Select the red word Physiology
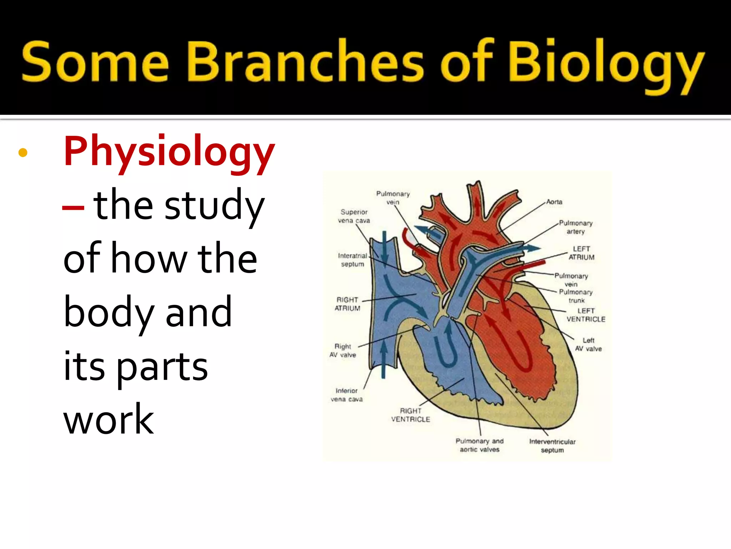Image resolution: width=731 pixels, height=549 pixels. [169, 152]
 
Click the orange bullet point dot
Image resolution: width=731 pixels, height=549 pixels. [23, 153]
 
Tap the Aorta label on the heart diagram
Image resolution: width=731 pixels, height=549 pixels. [554, 202]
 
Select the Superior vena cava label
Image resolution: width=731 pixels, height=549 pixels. [354, 216]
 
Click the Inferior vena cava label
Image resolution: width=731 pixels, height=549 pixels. [347, 395]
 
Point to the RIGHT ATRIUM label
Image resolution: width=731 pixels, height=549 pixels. [347, 304]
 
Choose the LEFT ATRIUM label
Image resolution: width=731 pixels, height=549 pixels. [581, 253]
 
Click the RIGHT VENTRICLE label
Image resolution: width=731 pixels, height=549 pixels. [410, 415]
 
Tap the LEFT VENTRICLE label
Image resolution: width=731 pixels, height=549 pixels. [586, 315]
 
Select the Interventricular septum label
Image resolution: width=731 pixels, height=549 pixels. [552, 446]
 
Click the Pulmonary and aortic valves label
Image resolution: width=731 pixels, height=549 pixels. [479, 445]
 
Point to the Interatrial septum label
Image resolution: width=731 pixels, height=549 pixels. [353, 260]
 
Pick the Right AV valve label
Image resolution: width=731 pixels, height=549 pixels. [343, 351]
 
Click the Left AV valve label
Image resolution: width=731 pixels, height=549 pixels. [588, 345]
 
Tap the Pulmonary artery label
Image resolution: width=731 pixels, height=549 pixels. [575, 227]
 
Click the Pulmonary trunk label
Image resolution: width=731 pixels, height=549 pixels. [576, 296]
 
